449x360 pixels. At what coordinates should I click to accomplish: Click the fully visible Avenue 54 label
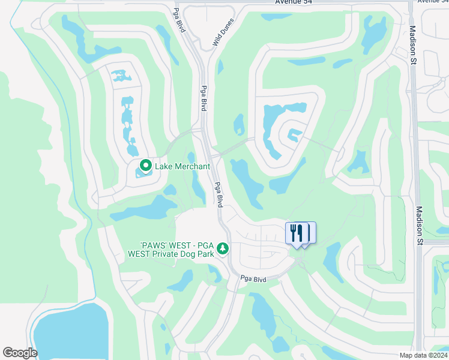[x=294, y=2]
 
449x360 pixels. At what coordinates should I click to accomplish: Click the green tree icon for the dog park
[x=223, y=248]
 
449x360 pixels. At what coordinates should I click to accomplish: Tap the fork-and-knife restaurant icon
[x=297, y=232]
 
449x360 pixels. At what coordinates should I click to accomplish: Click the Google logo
[x=20, y=353]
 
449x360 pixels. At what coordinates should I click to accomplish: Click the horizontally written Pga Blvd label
[x=253, y=279]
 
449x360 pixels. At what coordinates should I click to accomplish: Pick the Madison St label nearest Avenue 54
[x=413, y=44]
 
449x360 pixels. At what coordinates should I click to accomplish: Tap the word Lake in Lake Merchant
[x=165, y=166]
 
